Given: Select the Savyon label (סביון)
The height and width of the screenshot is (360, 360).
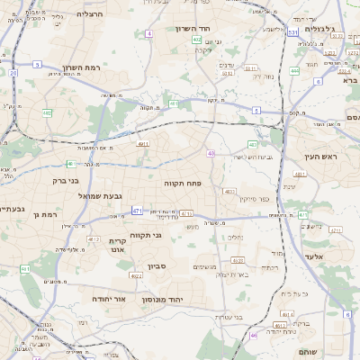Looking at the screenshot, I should click(x=158, y=265).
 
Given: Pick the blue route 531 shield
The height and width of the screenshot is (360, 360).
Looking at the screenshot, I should click(x=293, y=32).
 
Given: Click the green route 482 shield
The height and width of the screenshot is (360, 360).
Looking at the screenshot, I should click(x=47, y=112).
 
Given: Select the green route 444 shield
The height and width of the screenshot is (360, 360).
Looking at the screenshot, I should click(x=294, y=70).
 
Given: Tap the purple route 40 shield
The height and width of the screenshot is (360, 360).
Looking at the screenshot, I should click(x=211, y=154).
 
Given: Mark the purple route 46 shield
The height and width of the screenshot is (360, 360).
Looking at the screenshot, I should click(x=254, y=335).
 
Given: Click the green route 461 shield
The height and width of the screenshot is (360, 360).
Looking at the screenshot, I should click(x=24, y=269).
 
